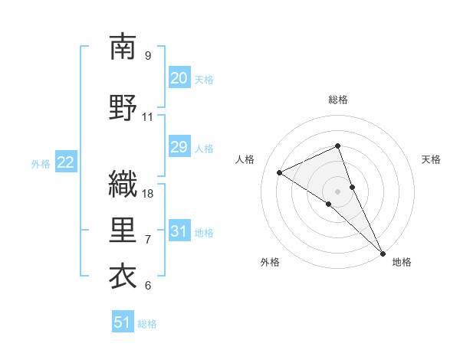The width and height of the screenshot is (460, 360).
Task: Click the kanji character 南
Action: (x=123, y=47)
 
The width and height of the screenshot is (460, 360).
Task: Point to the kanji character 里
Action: (x=123, y=231)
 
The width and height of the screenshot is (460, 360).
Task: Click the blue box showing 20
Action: (x=179, y=78)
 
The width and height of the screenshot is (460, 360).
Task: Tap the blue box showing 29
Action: (x=179, y=147)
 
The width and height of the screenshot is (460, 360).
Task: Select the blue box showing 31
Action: (x=179, y=231)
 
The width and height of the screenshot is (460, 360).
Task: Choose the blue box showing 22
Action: (x=66, y=162)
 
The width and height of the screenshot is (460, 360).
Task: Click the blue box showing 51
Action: (x=123, y=322)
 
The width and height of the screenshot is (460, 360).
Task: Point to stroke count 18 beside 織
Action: (x=149, y=194)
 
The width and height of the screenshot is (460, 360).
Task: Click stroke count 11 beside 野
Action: (x=148, y=117)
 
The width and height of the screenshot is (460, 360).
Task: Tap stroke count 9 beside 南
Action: (x=148, y=56)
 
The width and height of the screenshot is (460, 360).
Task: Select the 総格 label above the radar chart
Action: (x=338, y=100)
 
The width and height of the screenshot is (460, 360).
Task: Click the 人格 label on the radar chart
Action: (x=245, y=159)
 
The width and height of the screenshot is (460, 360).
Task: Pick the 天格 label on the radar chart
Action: (x=431, y=159)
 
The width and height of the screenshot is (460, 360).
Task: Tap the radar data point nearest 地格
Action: (x=383, y=252)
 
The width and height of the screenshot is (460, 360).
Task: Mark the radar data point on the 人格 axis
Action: (x=279, y=172)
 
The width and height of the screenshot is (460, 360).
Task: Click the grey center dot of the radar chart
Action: (x=337, y=191)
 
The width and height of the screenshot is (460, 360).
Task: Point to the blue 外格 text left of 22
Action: (x=41, y=163)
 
